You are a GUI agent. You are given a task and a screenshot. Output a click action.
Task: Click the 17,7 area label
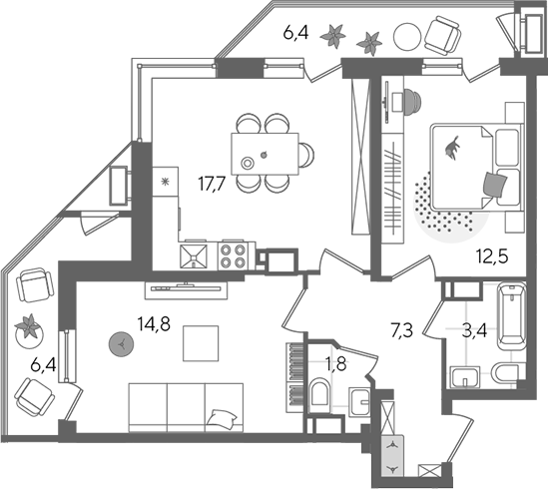(x=213, y=184)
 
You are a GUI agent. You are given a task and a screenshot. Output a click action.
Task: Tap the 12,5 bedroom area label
(x=492, y=256)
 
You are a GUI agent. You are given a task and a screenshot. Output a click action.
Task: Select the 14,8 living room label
(x=154, y=323)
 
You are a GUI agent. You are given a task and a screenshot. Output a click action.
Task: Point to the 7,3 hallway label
(x=402, y=331)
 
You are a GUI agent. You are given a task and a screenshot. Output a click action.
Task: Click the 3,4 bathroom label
(x=474, y=331)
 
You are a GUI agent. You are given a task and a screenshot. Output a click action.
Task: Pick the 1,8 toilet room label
(x=335, y=364)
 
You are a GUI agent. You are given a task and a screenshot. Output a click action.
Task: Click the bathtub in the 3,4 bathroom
(x=512, y=316)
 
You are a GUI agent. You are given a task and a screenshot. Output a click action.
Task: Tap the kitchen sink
(x=194, y=256)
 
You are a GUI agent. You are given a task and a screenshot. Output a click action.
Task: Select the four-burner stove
(x=231, y=256)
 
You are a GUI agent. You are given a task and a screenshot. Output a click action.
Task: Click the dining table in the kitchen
(x=265, y=154)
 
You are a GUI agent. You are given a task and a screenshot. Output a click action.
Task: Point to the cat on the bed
(x=451, y=149)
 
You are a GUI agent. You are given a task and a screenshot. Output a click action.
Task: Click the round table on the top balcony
(x=407, y=36)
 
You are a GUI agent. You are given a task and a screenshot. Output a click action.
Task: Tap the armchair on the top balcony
(x=442, y=36)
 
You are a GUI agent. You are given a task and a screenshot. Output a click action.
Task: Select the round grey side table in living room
(x=121, y=344)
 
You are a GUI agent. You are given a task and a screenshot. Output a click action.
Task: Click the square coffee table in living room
(x=201, y=343)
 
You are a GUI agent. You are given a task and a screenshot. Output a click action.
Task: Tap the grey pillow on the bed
(x=494, y=185)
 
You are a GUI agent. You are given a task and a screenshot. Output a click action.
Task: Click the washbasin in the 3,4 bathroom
(x=465, y=377)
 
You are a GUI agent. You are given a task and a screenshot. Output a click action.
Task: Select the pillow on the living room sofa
(x=223, y=418)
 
